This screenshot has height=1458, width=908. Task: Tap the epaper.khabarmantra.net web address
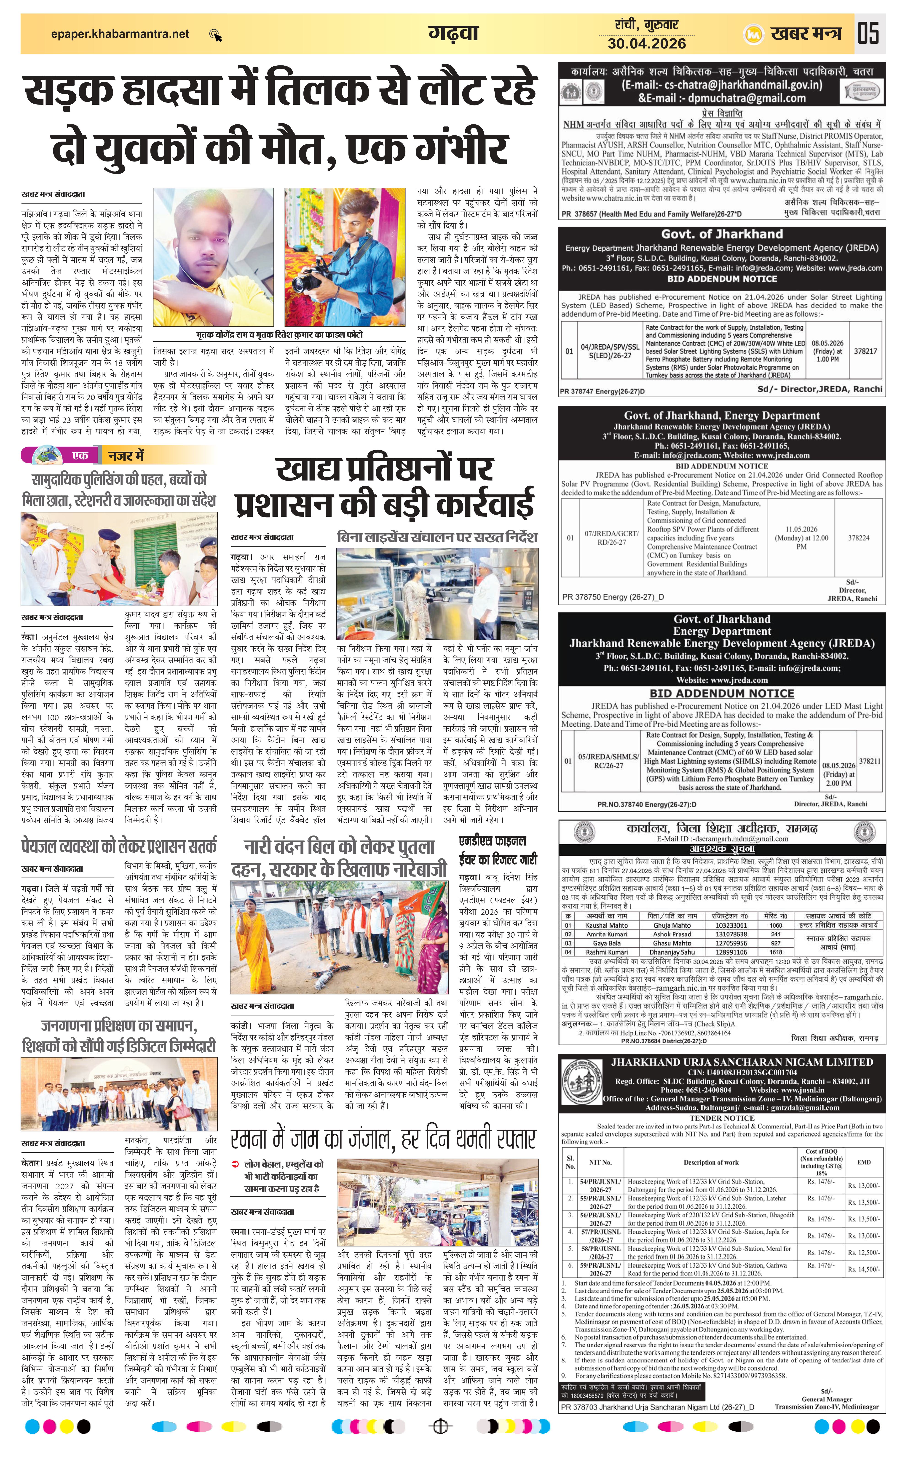click(120, 34)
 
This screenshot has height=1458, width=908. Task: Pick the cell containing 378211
click(869, 761)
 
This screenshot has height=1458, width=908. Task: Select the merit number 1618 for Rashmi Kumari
click(776, 952)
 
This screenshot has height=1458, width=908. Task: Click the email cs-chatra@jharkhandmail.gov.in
click(722, 85)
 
